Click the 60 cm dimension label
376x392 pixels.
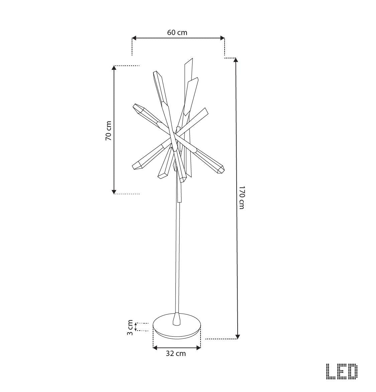(177, 32)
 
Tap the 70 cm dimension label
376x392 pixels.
(109, 130)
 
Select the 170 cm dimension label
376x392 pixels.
(242, 198)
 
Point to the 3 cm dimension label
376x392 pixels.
(130, 328)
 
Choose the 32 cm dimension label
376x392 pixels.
(176, 353)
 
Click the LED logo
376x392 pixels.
(342, 371)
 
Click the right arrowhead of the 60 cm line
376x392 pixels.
(222, 38)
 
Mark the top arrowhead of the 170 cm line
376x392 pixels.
(236, 60)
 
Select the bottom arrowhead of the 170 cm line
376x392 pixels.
(238, 337)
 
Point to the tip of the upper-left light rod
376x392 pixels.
(135, 106)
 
